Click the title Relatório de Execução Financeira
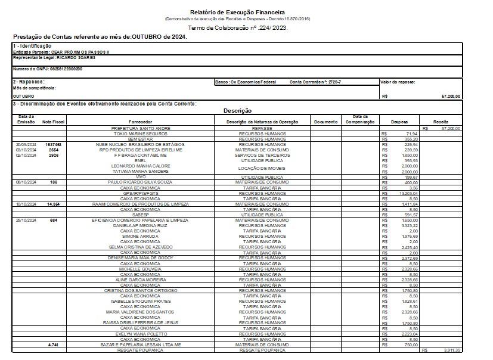(237, 12)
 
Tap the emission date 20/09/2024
(26, 144)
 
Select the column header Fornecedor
(141, 122)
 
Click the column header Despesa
(399, 122)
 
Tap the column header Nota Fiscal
(54, 122)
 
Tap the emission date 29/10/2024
(26, 220)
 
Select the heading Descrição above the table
(237, 111)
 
